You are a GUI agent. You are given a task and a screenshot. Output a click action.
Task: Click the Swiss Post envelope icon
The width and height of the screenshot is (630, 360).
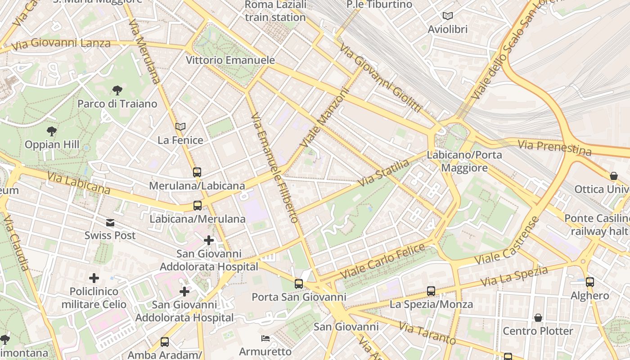110,222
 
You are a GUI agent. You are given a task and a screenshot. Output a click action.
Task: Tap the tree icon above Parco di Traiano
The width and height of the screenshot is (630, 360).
117,90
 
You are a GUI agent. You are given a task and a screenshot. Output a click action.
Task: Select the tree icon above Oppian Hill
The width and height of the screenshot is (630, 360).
52,131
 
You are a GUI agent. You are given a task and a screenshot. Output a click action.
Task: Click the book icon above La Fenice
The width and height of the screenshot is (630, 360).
180,127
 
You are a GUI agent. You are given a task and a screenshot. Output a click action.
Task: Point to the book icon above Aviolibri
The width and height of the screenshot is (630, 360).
447,16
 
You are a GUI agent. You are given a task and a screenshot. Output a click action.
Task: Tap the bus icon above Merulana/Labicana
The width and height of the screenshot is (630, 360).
197,172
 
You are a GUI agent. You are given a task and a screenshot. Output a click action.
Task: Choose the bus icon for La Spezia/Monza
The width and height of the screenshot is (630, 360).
431,291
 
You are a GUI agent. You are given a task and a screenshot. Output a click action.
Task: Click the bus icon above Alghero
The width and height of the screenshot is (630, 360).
589,282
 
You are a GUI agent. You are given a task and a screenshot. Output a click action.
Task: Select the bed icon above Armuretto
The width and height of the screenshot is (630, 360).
265,338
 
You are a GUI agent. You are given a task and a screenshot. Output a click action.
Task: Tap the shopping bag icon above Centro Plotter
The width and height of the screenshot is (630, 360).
538,318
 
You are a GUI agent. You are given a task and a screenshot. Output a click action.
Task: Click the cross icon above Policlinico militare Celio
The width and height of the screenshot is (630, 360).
94,278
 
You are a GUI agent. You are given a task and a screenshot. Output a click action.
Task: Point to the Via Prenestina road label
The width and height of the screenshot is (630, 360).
554,147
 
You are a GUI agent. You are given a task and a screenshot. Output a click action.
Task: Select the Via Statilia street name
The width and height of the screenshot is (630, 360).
383,173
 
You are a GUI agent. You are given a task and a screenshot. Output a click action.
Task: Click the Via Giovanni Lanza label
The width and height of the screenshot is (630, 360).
61,44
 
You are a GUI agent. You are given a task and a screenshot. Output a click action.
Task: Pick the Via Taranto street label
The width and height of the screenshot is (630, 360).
427,333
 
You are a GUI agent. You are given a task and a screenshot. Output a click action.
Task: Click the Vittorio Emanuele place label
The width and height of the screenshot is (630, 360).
230,60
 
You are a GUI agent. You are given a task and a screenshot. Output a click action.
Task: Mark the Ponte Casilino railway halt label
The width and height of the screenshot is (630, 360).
597,225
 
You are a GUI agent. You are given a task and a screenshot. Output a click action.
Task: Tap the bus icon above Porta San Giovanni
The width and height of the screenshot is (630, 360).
299,283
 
